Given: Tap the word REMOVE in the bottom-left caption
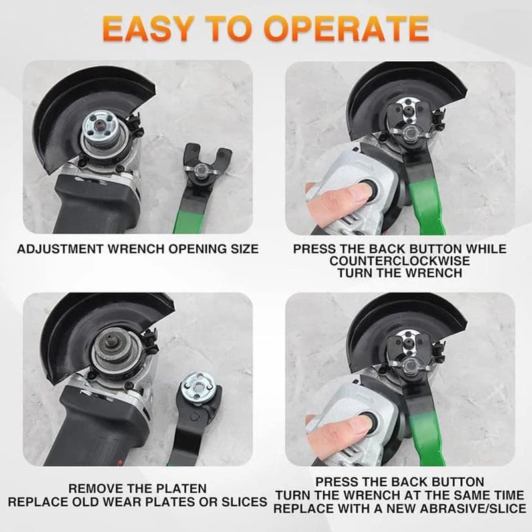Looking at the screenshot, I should pos(98,488).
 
